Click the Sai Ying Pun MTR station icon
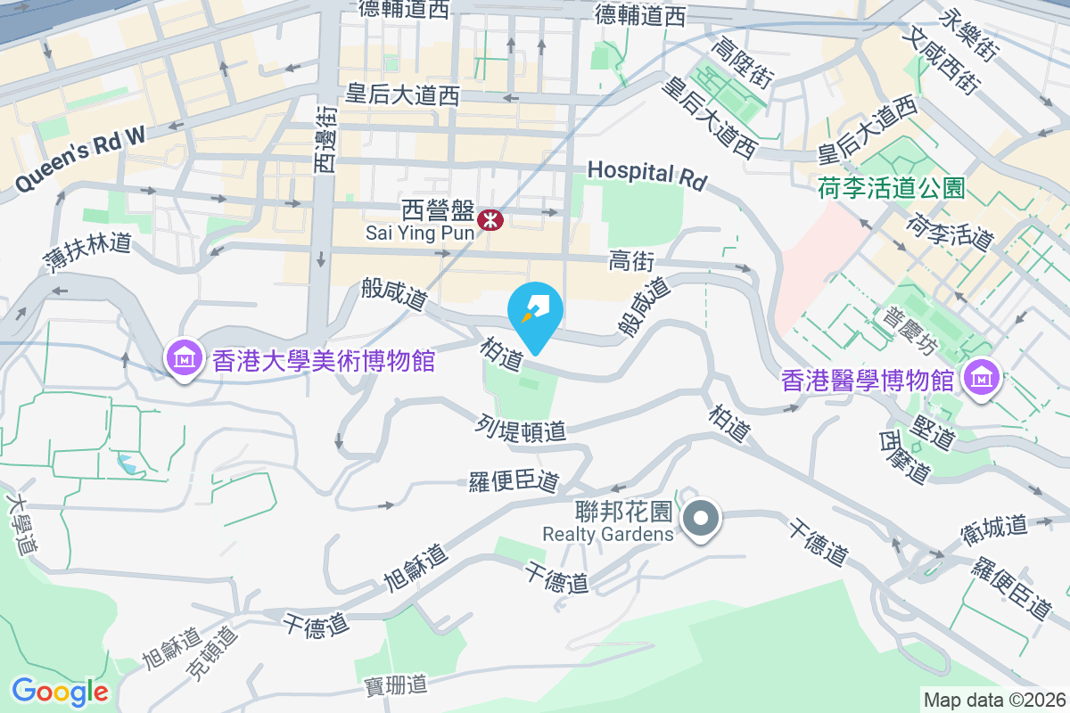point(490,219)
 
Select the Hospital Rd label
point(646,175)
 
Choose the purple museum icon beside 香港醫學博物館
point(981,379)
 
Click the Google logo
point(60,691)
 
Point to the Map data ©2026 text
point(994,700)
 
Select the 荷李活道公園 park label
point(892,188)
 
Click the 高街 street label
point(632,261)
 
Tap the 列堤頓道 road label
point(522,428)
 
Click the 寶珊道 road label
point(397,685)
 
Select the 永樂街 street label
point(972,31)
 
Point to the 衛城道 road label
point(994,527)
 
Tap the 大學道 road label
point(21,525)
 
